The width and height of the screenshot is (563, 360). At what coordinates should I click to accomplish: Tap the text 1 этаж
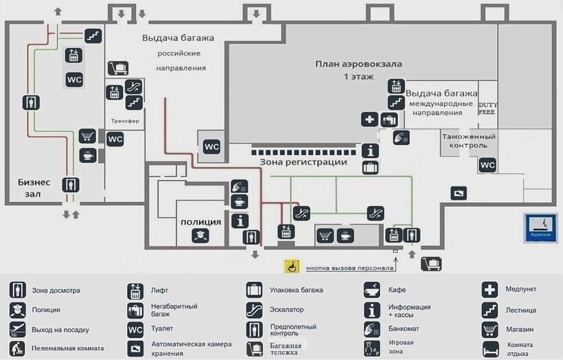358,77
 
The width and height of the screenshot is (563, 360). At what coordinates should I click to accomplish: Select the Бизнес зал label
34,188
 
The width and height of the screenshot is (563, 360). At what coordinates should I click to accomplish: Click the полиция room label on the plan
200,222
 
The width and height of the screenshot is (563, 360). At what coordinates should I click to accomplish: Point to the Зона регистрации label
303,162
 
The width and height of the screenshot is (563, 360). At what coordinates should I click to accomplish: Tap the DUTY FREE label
487,107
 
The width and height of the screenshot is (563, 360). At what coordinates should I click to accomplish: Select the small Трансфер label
125,121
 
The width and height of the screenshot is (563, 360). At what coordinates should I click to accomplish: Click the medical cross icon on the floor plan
369,120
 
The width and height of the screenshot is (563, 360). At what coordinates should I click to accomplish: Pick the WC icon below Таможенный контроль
487,165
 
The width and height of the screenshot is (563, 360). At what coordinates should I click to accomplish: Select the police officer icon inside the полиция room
200,236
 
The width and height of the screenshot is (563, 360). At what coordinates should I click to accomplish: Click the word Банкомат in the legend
403,328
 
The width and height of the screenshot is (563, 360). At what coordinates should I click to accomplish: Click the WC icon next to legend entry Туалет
135,329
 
